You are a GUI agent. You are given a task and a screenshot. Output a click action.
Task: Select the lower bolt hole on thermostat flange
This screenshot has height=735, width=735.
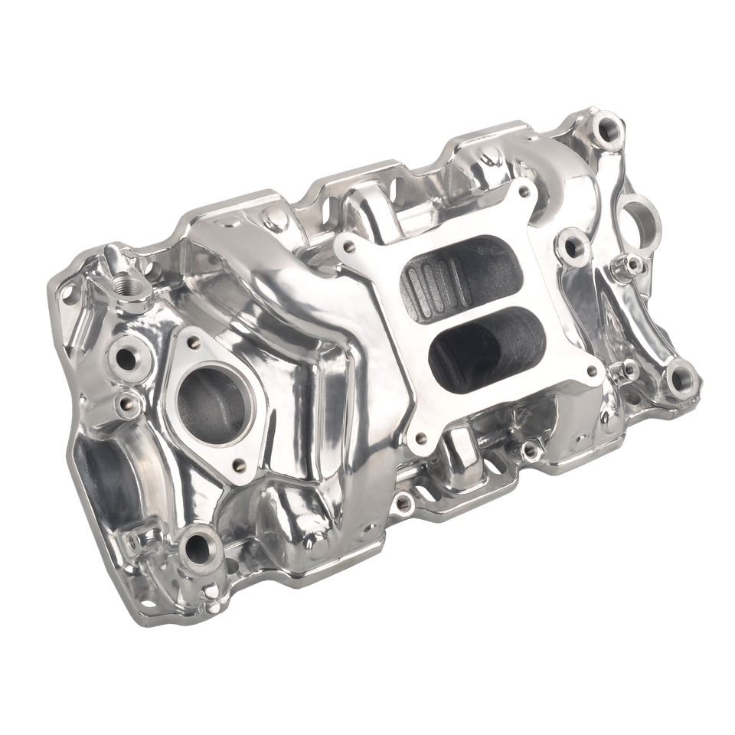pyautogui.click(x=240, y=464)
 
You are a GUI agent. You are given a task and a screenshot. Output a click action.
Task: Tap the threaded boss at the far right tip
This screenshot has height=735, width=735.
pyautogui.click(x=679, y=380)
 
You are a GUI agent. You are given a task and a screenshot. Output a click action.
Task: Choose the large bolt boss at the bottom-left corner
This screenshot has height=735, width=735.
pyautogui.click(x=198, y=548)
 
